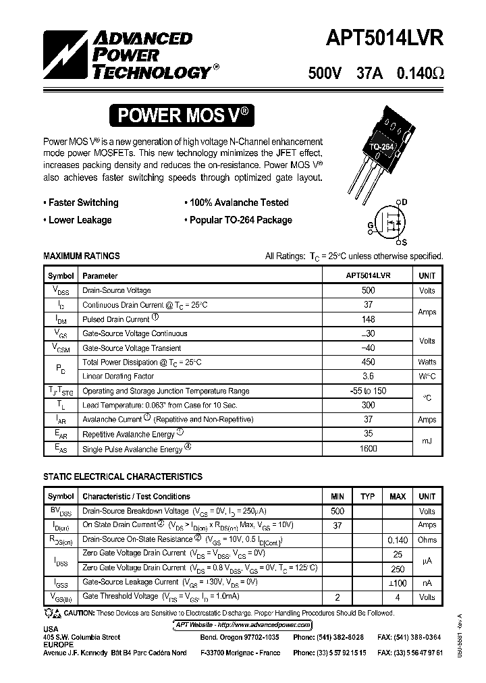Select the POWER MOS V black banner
point(184,115)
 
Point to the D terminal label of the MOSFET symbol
point(404,202)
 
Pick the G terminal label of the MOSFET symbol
point(371,225)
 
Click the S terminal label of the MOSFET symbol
point(404,242)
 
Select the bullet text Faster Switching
point(83,202)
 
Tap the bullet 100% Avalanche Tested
point(238,202)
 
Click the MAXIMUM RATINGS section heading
point(82,256)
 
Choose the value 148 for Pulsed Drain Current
point(368,319)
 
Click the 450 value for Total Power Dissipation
point(368,362)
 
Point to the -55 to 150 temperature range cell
point(368,391)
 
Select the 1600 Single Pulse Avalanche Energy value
point(368,448)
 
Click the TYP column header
point(367,497)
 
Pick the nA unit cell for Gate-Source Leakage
point(427,582)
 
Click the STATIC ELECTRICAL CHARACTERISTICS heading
point(122,476)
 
